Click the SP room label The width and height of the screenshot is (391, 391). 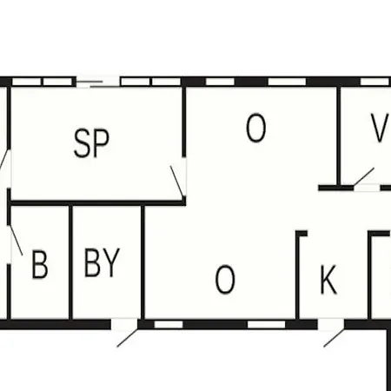click(x=92, y=143)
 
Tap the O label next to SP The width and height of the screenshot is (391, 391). click(x=256, y=128)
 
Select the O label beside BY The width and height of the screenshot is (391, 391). click(x=225, y=280)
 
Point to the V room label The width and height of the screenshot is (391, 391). click(x=380, y=128)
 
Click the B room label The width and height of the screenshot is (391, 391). click(x=40, y=265)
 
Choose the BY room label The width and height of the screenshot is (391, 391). click(x=102, y=262)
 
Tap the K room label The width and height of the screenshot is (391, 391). click(x=328, y=280)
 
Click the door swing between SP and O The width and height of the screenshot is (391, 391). click(x=176, y=182)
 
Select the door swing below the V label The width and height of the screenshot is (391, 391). click(x=364, y=176)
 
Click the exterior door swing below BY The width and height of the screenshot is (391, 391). click(x=127, y=337)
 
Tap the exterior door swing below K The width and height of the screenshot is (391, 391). click(x=334, y=338)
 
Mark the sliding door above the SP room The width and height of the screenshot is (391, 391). click(x=98, y=82)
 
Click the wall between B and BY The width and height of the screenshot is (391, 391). click(x=70, y=262)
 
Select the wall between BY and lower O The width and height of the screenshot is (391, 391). click(x=142, y=262)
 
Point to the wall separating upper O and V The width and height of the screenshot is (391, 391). click(x=339, y=136)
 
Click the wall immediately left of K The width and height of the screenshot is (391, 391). click(x=297, y=275)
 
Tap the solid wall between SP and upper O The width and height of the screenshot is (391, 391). click(x=183, y=122)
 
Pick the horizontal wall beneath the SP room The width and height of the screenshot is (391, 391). click(x=98, y=202)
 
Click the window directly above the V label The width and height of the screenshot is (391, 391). click(x=374, y=82)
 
